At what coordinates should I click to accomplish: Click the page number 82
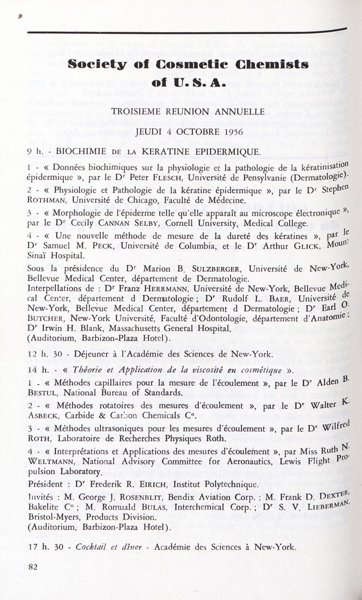[x=33, y=567]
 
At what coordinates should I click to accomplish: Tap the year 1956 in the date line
[x=233, y=132]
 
